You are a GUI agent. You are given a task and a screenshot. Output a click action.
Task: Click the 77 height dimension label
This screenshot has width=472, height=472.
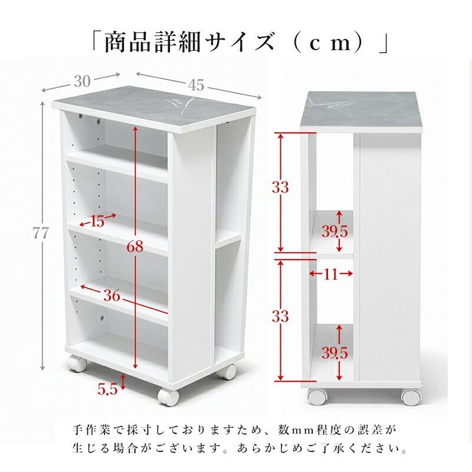pyautogui.click(x=40, y=233)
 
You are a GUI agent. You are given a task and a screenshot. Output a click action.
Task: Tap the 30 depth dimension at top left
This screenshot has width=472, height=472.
pyautogui.click(x=82, y=81)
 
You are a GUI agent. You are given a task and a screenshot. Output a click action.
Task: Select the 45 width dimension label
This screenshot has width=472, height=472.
pyautogui.click(x=196, y=85)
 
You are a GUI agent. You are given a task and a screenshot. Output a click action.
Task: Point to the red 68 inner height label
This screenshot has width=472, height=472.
pyautogui.click(x=135, y=247)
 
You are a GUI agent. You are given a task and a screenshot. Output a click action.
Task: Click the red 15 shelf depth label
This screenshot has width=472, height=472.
pyautogui.click(x=97, y=222)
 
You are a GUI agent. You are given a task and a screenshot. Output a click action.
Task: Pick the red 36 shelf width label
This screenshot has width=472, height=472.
pyautogui.click(x=112, y=296)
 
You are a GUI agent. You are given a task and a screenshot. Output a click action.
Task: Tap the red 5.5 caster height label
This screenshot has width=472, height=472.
pyautogui.click(x=107, y=389)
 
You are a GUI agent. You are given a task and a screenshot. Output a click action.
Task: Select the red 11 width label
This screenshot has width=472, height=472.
pyautogui.click(x=331, y=274)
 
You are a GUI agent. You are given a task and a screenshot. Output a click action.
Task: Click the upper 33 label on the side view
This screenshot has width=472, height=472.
pyautogui.click(x=280, y=187)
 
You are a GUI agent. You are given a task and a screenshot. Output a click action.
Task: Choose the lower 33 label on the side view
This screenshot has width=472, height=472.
pyautogui.click(x=280, y=316)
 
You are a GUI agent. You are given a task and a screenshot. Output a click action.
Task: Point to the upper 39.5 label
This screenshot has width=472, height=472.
pyautogui.click(x=335, y=231)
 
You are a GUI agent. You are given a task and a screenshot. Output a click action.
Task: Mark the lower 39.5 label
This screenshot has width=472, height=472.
pyautogui.click(x=335, y=353)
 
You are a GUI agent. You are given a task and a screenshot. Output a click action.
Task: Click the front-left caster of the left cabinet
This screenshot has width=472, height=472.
pyautogui.click(x=168, y=397)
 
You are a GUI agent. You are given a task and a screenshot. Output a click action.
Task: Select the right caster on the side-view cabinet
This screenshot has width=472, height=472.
pyautogui.click(x=411, y=397)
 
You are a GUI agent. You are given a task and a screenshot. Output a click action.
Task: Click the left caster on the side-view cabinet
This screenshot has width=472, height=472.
pyautogui.click(x=317, y=397)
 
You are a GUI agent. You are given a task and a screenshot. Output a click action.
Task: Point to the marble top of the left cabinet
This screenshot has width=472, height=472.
pyautogui.click(x=153, y=109)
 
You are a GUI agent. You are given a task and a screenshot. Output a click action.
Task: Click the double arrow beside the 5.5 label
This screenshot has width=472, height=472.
pyautogui.click(x=122, y=382)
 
